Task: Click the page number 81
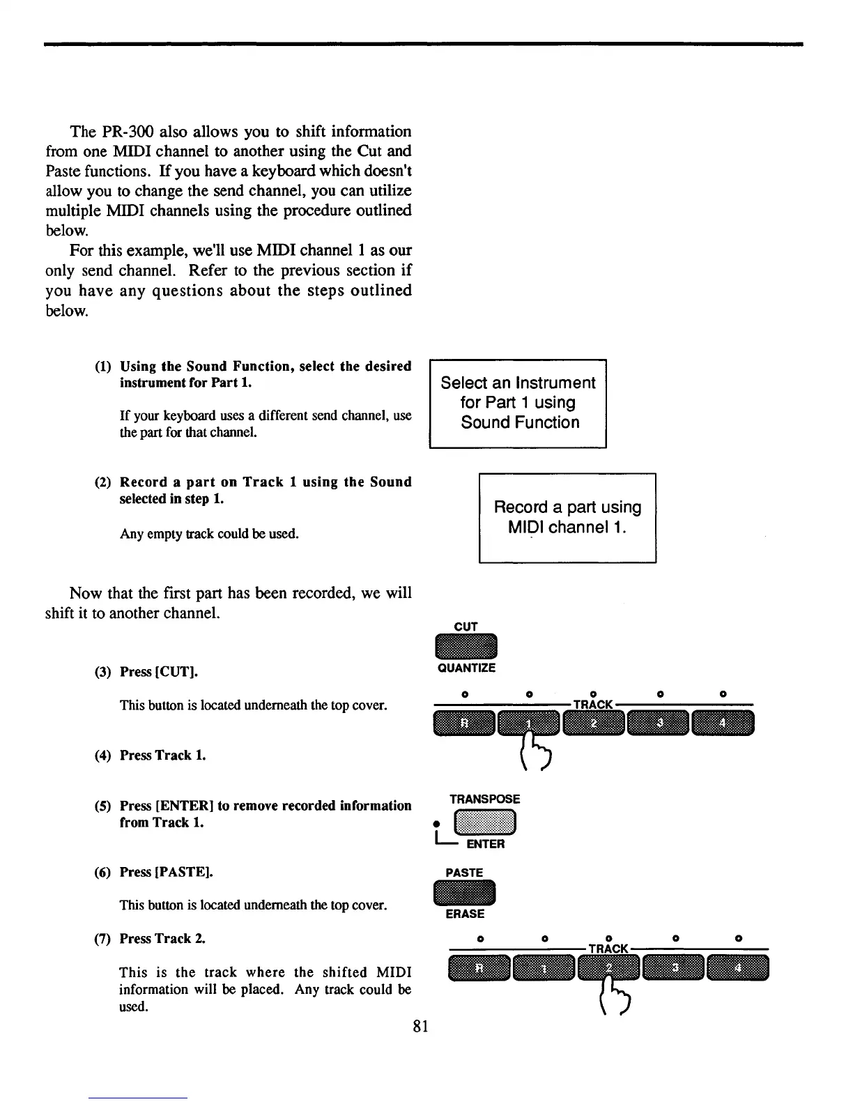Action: tap(420, 1025)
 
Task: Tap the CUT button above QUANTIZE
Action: tap(466, 646)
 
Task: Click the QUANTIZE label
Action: tap(466, 668)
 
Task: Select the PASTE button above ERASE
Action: tap(464, 893)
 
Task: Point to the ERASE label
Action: tap(465, 914)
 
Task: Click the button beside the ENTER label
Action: tap(484, 823)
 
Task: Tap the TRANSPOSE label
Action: tap(484, 799)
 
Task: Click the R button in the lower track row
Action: tap(479, 968)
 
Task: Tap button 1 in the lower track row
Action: tap(544, 968)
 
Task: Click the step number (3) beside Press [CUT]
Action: tap(102, 672)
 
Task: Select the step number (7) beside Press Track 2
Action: tap(102, 939)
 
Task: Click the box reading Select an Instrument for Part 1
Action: tap(518, 403)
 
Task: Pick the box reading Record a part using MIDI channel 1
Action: tap(567, 517)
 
